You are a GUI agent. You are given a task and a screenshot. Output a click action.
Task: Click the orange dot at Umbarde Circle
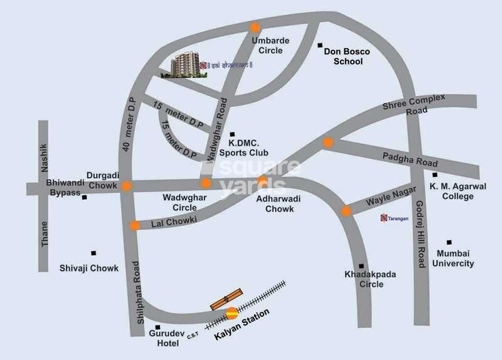tap(255, 28)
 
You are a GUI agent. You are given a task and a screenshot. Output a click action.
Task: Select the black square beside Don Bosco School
tap(319, 46)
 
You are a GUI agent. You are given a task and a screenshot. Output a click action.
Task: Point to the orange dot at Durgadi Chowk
tap(127, 186)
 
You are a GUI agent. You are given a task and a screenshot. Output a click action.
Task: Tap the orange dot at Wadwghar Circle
tap(205, 183)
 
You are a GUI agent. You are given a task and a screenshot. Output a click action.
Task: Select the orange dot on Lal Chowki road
tap(134, 226)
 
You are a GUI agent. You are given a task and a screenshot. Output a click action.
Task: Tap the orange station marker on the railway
tap(232, 312)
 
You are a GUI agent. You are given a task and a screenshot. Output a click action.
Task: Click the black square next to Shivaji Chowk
tap(93, 253)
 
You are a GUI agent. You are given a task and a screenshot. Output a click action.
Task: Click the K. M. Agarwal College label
tap(451, 191)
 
